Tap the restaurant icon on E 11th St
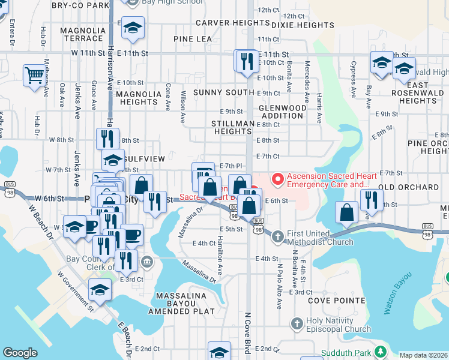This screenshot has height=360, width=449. [x=246, y=61]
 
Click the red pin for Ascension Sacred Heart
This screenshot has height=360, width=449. [x=277, y=178]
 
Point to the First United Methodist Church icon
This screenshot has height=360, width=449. [x=277, y=236]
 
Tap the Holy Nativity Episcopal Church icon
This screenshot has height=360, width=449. [x=296, y=325]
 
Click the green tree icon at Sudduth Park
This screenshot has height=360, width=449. [x=379, y=352]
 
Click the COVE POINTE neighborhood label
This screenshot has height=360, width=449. [x=336, y=300]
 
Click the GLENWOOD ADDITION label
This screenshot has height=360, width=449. [x=282, y=111]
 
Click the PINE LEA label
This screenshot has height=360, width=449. [x=193, y=39]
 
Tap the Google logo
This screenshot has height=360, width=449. [x=20, y=353]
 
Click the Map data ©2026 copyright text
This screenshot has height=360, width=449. [x=424, y=355]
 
